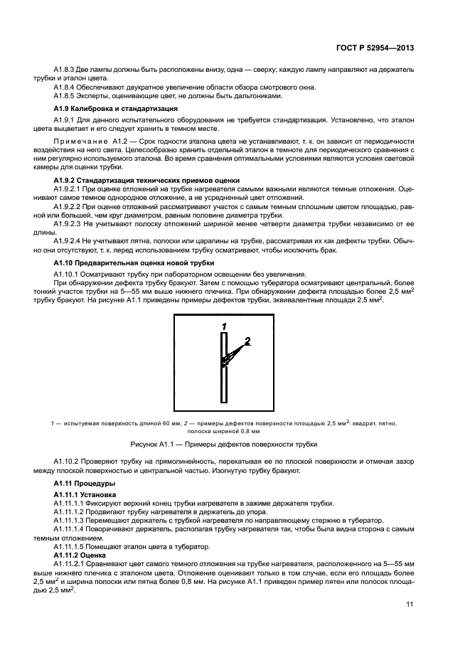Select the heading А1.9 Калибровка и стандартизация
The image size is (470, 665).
coord(115,109)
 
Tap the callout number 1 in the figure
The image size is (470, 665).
coord(224,326)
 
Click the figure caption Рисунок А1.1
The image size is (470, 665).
coord(235,444)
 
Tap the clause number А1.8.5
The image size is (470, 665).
coord(65,96)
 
